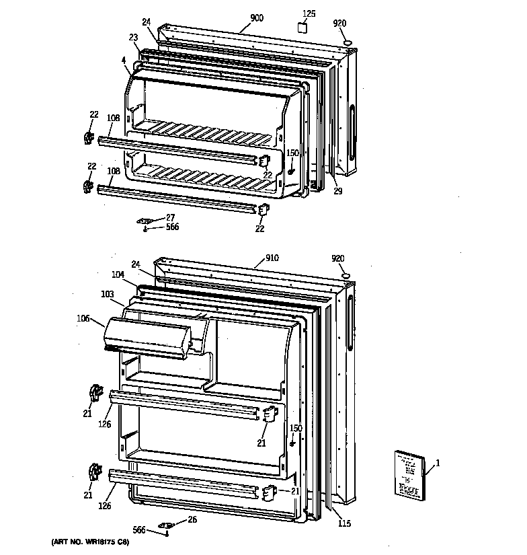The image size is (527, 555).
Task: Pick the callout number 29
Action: (337, 191)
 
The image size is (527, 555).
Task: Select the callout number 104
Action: (118, 275)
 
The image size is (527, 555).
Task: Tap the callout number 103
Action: (108, 294)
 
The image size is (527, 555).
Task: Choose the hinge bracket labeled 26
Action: (165, 525)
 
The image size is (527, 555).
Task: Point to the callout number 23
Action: (133, 38)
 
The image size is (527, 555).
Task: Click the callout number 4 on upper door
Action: (124, 61)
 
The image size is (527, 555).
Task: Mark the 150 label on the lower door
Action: (296, 428)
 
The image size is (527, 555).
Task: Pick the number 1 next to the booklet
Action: (438, 462)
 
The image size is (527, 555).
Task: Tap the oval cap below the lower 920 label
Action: (346, 276)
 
